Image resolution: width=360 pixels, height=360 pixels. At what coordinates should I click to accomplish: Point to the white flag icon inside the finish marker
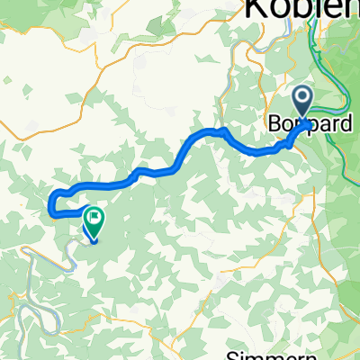[94, 217]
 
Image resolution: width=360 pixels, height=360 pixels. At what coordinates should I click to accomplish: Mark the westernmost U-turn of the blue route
[49, 203]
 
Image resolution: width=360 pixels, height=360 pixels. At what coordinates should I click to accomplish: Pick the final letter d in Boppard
[346, 125]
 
